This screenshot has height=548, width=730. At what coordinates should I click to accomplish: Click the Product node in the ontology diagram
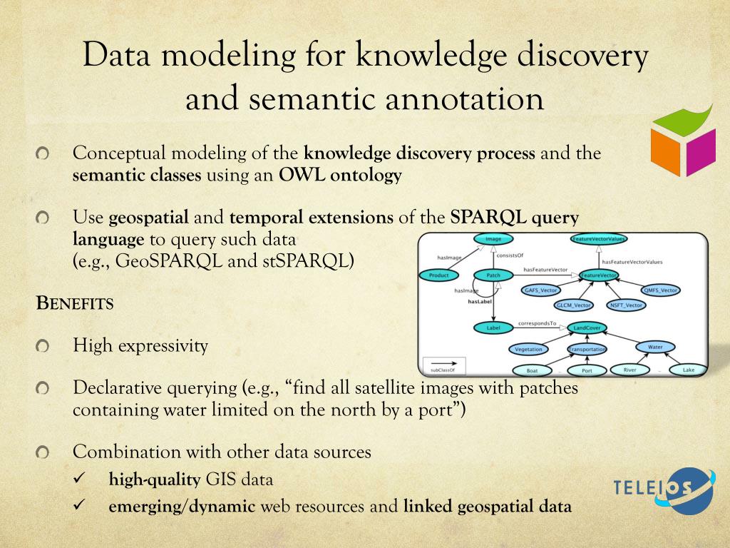tap(438, 275)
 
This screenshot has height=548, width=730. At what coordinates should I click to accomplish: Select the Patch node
tap(493, 275)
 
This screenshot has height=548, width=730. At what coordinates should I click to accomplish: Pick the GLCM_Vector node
tap(574, 305)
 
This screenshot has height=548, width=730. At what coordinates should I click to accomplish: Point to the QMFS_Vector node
tap(660, 290)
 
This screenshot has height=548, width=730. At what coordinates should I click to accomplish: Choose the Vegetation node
tap(528, 350)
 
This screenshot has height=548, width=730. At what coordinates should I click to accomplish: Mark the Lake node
tap(688, 370)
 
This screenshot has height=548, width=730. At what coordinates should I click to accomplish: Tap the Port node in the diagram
tap(587, 371)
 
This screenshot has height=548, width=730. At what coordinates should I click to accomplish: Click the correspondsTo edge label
tap(537, 323)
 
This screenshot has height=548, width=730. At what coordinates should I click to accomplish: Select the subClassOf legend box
tap(443, 364)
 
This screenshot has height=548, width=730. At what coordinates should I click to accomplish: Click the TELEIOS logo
tap(664, 491)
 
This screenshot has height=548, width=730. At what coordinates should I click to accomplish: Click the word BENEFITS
tap(75, 303)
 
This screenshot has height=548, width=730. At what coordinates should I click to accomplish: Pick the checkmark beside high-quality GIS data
tap(80, 479)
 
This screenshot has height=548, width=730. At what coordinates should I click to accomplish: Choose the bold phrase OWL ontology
tap(340, 174)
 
